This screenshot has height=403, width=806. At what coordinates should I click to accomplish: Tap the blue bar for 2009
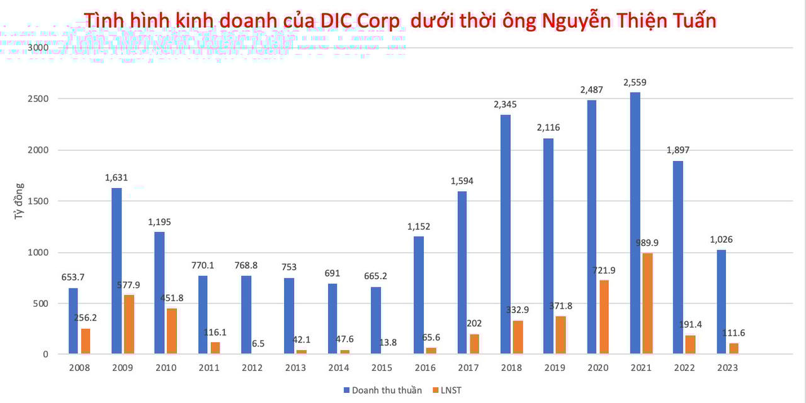(x=116, y=271)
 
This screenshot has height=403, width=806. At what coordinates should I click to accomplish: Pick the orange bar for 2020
(x=604, y=317)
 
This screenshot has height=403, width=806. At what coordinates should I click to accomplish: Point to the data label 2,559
(x=635, y=82)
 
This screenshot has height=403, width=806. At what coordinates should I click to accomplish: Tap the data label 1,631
(x=116, y=177)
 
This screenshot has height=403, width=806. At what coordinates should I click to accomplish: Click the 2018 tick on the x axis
(x=513, y=368)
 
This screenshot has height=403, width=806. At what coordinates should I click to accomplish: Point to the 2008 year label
(x=79, y=368)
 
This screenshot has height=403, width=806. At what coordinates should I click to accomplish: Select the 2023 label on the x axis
(x=728, y=368)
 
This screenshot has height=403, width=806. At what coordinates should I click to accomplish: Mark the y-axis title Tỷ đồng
(x=20, y=201)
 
